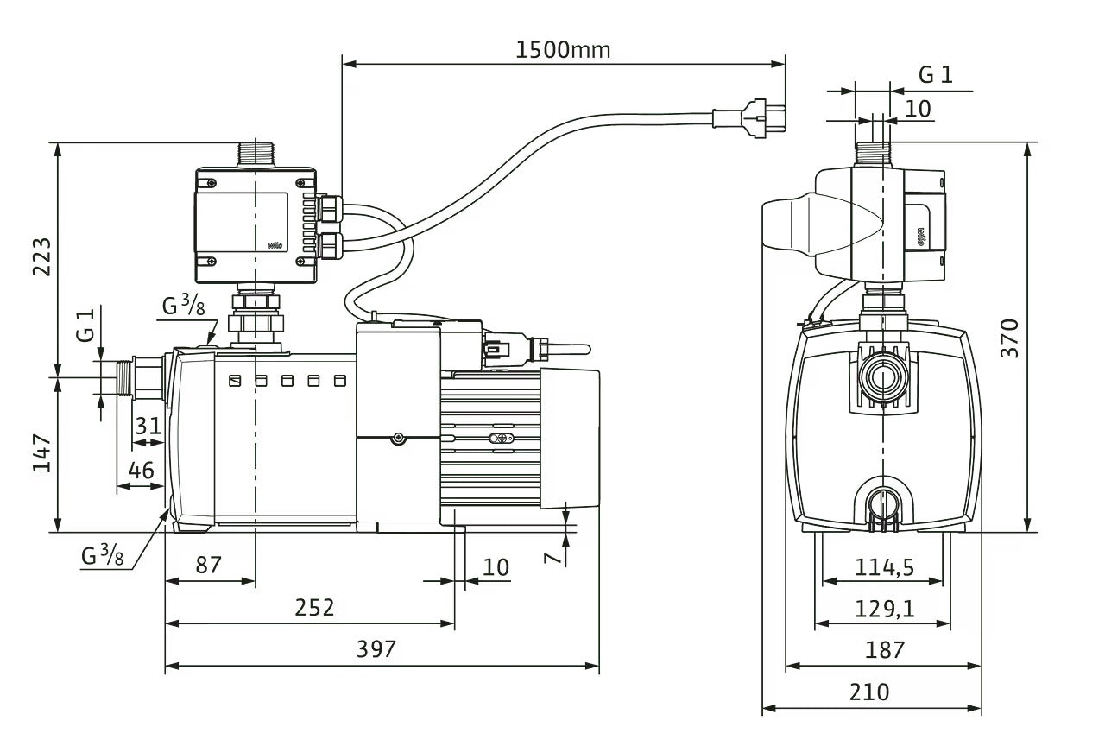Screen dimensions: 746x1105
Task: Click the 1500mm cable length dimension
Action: pos(563,49)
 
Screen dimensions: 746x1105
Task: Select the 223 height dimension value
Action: pos(41,257)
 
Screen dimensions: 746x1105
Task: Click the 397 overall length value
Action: pos(376,648)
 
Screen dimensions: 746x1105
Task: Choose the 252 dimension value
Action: pos(314,607)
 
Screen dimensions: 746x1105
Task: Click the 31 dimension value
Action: pos(148,426)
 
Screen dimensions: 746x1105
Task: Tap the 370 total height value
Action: pos(1010,338)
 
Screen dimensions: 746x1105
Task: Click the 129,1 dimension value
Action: pos(884,608)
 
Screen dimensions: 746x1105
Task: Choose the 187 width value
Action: pos(884,649)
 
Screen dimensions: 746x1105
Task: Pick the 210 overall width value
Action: pos(869,692)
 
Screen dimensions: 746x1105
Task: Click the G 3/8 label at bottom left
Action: pos(103,555)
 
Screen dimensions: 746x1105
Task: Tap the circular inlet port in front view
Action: pos(882,377)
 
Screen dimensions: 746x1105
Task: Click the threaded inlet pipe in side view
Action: pos(130,377)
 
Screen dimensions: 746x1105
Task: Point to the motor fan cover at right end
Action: pos(570,436)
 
